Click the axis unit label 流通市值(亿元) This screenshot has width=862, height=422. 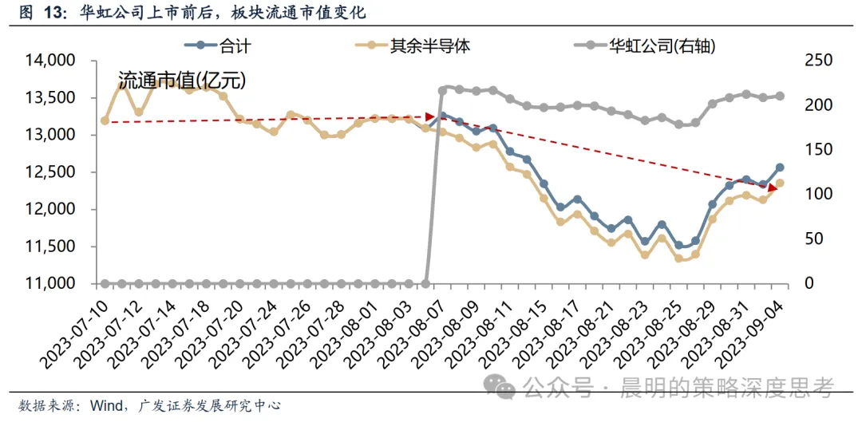182,81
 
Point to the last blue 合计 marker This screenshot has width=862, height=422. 780,168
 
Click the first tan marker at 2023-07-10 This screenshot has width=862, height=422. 105,120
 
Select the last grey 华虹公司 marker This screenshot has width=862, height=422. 780,97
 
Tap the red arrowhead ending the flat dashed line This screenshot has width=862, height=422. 430,116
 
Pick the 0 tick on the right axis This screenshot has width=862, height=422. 809,283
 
